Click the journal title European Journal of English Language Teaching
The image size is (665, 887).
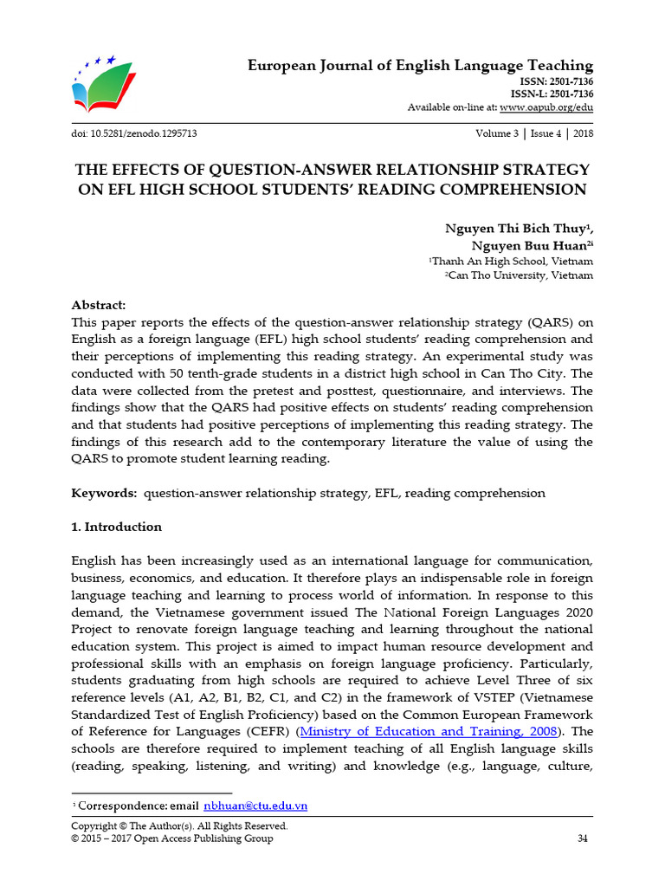[x=420, y=66]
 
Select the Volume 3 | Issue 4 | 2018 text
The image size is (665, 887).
[x=534, y=133]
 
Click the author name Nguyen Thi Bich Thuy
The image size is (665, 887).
[x=517, y=228]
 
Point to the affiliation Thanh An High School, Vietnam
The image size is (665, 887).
[x=512, y=261]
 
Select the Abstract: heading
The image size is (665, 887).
[x=98, y=305]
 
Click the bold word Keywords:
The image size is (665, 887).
[x=103, y=493]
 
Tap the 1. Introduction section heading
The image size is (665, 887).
[x=116, y=527]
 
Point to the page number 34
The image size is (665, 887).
[x=582, y=838]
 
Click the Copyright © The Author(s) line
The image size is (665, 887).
[x=178, y=825]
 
